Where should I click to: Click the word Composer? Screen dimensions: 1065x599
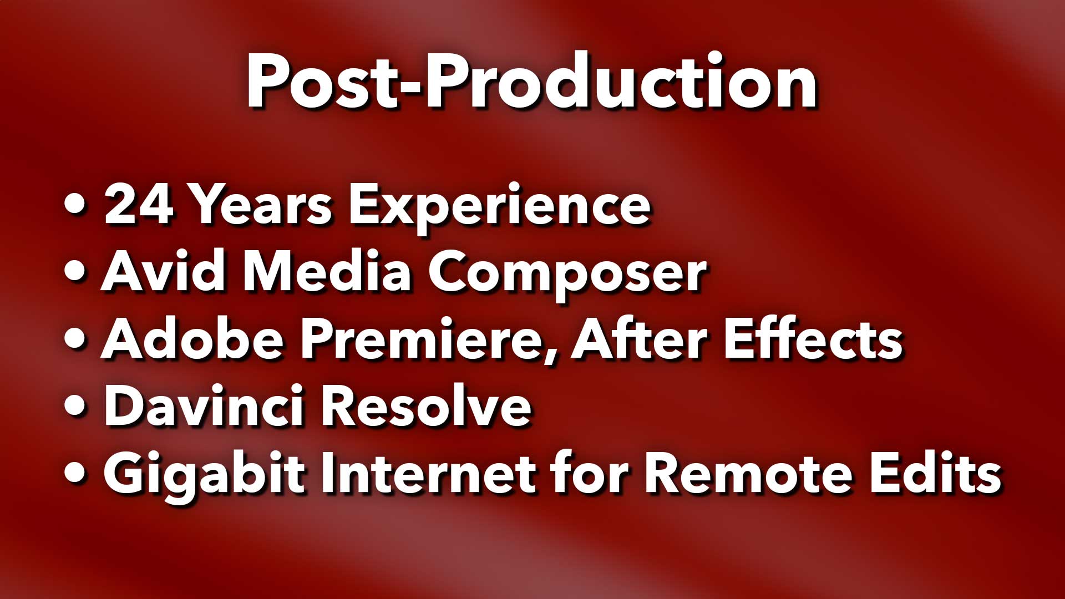(567, 276)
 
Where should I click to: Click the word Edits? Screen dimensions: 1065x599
(935, 473)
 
